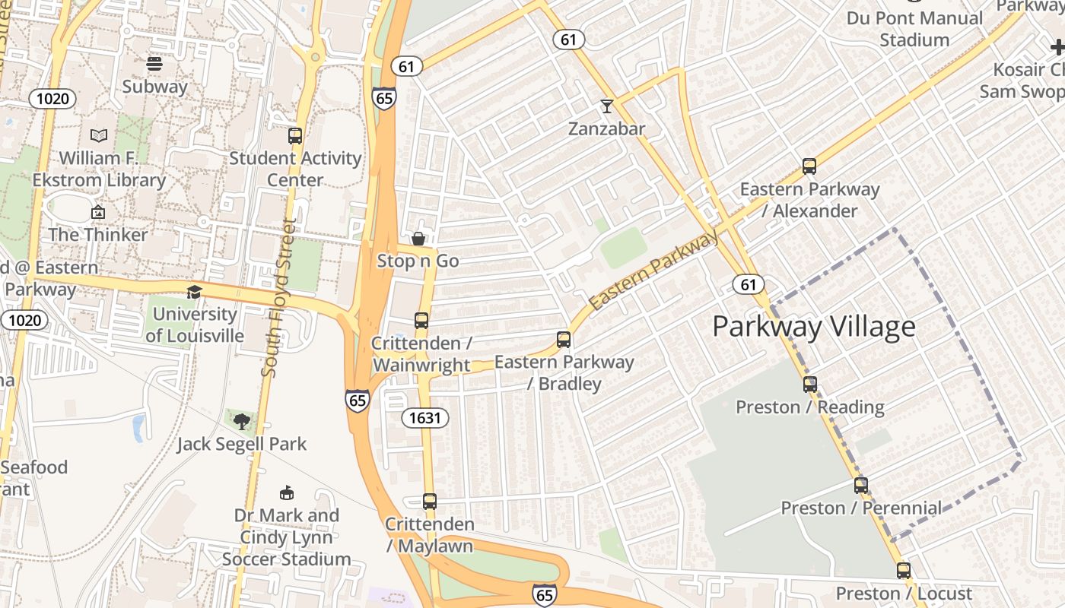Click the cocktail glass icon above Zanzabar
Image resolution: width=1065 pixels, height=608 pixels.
pos(606,106)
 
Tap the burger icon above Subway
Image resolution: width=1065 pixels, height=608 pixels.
pos(154,64)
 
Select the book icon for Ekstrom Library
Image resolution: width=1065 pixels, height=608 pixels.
pos(99,135)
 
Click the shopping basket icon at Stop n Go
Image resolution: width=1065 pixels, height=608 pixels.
pos(418,239)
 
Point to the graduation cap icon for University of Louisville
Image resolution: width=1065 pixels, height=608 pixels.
pos(195,292)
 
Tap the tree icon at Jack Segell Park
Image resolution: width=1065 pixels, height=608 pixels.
pos(242,421)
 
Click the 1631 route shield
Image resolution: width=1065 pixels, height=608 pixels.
pos(425,417)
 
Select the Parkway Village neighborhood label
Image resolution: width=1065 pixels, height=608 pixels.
pos(813,327)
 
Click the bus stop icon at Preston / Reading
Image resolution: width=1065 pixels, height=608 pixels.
pos(810,384)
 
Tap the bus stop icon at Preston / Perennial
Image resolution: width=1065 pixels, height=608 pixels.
pos(861,485)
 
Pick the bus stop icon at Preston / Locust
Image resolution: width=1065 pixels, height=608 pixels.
pos(904,570)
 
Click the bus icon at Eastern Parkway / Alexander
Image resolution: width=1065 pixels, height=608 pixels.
pos(809,166)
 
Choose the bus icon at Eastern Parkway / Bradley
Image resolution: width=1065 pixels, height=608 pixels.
pos(564,340)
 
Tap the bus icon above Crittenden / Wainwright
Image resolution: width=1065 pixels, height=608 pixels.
pos(421,321)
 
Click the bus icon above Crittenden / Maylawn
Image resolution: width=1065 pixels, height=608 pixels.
pos(430,501)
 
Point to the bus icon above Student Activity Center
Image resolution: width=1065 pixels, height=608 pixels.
pos(295,136)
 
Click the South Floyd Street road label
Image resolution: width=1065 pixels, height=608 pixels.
pos(278,298)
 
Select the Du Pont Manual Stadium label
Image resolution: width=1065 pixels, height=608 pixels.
pos(914,29)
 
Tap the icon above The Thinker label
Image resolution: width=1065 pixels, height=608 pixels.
pos(98,212)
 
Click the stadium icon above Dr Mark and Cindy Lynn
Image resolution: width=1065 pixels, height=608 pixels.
pos(287,493)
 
